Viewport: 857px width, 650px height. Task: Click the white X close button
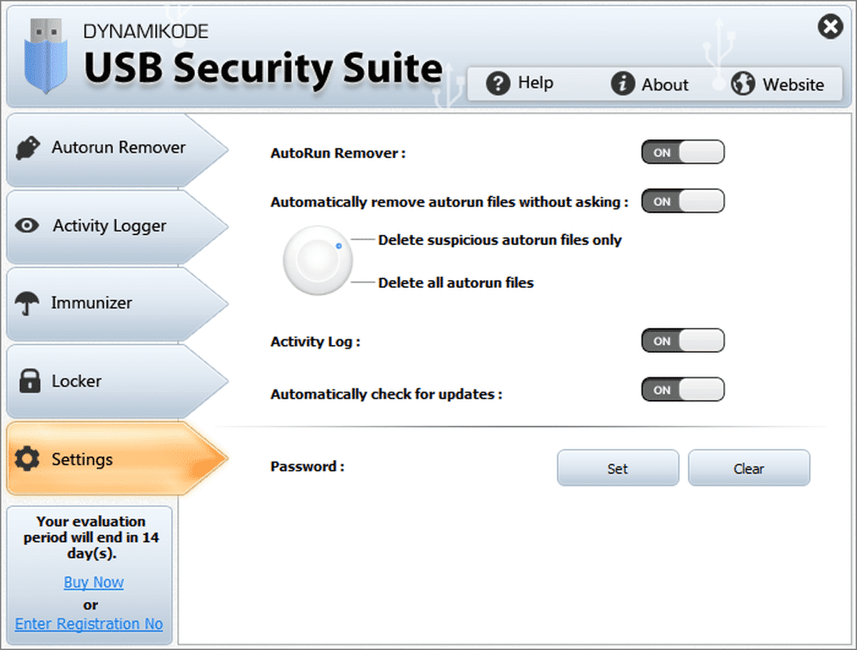point(829,28)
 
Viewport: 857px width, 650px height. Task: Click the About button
point(650,84)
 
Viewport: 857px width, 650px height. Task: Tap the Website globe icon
point(743,84)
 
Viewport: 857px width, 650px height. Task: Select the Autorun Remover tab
point(107,148)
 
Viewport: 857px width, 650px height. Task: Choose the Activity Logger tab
point(107,226)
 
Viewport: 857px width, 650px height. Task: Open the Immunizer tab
point(107,303)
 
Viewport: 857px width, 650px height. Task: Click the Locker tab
point(107,381)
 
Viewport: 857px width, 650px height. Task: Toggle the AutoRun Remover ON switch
point(683,152)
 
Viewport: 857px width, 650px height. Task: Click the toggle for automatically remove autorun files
point(683,201)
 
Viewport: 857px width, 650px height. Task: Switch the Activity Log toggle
point(683,341)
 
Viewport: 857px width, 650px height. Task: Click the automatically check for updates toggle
point(683,390)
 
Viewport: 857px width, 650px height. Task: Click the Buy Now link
point(94,582)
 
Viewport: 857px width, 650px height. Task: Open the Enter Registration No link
point(89,624)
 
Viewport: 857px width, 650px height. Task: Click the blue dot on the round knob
point(339,246)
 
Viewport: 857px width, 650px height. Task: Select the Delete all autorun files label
point(456,283)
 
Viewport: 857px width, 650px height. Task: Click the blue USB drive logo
point(45,57)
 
